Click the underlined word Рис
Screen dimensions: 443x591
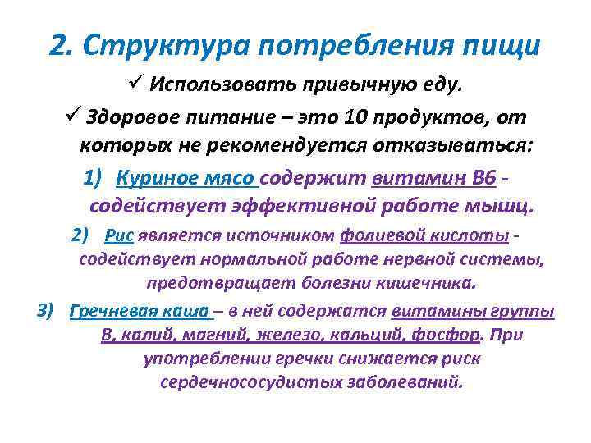tap(120, 235)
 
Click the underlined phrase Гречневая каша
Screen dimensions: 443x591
tap(142, 311)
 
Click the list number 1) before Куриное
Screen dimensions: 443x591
tap(94, 177)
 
